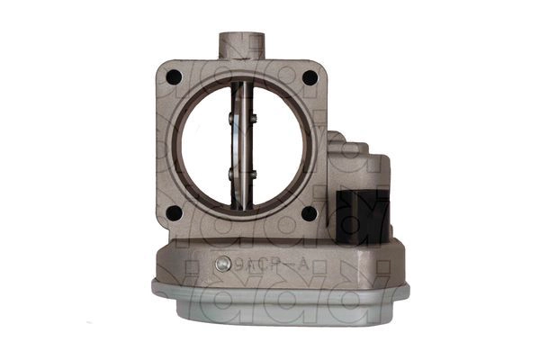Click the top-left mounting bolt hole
(174, 77)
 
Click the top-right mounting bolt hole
(310, 77)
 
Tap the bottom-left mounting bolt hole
(174, 213)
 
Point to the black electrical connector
(362, 216)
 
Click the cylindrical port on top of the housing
(240, 45)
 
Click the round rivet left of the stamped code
(220, 265)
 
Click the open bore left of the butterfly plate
(203, 144)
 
